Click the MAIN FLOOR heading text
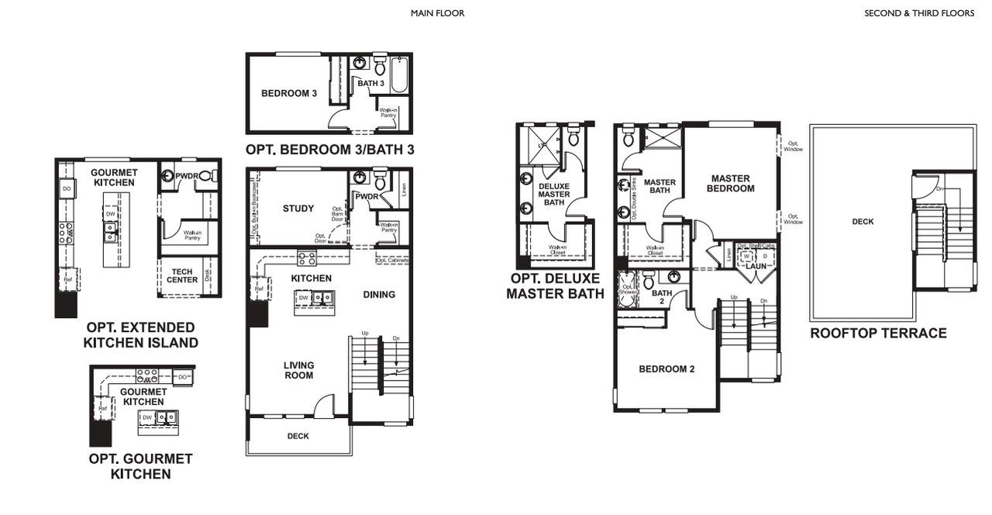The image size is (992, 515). click(x=437, y=13)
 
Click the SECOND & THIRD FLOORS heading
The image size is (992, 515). click(x=919, y=13)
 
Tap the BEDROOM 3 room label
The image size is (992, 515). click(x=288, y=94)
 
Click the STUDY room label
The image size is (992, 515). click(x=298, y=209)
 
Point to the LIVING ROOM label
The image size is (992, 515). click(x=298, y=370)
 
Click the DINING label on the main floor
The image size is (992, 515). click(x=379, y=295)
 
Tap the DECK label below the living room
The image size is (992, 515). click(x=298, y=436)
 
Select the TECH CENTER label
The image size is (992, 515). click(x=182, y=275)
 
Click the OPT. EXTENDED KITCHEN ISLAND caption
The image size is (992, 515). click(x=141, y=335)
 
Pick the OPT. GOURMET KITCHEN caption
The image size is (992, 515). click(x=140, y=466)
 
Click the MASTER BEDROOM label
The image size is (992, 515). click(x=732, y=183)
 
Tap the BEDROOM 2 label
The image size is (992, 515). click(x=666, y=369)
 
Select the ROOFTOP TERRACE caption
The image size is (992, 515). click(x=878, y=334)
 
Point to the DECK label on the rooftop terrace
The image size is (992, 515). click(x=863, y=222)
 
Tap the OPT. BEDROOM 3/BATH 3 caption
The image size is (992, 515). click(x=329, y=150)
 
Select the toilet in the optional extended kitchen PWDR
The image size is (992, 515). click(x=207, y=177)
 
